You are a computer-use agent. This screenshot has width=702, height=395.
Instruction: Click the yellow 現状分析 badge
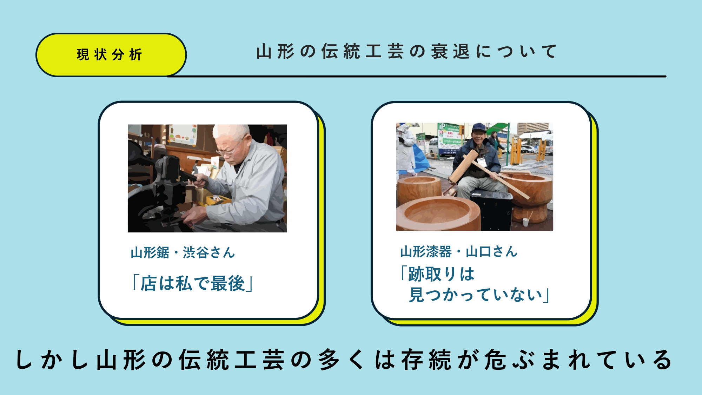pos(111,55)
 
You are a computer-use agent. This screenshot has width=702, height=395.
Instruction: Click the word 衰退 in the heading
pos(450,52)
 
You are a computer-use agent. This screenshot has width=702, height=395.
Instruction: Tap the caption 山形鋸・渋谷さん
pos(183,252)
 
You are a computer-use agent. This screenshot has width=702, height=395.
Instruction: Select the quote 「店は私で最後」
pos(192,283)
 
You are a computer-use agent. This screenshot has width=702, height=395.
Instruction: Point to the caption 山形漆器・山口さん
pos(459,251)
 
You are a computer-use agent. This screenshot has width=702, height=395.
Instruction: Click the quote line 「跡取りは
pos(437,274)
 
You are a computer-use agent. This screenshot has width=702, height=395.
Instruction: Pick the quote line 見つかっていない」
pos(479,295)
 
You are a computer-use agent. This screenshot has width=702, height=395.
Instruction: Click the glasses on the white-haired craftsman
pos(230,150)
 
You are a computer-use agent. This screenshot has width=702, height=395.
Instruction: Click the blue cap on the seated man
pos(479,127)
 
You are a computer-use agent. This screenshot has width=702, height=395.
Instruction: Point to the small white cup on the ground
pos(525,222)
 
